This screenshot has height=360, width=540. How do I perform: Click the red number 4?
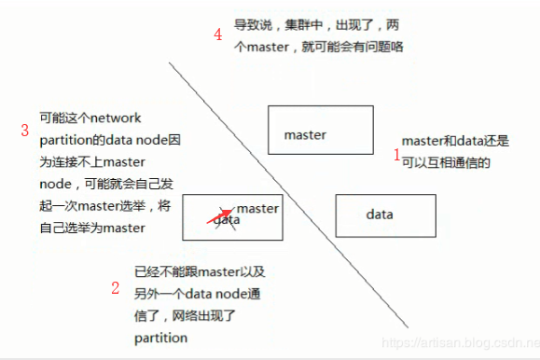tap(217, 35)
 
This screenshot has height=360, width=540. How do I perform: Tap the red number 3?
tap(25, 130)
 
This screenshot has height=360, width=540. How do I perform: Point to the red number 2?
tap(116, 287)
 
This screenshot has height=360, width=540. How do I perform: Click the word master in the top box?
tap(305, 134)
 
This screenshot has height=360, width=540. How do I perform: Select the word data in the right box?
tap(379, 215)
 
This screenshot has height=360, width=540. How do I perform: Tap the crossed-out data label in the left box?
tap(228, 220)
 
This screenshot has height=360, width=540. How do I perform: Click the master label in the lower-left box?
tap(257, 208)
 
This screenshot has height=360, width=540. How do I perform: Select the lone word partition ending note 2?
tap(160, 338)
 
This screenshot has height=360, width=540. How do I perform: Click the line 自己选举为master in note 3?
tap(92, 228)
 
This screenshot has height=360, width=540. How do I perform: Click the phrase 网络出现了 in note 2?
tap(213, 316)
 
